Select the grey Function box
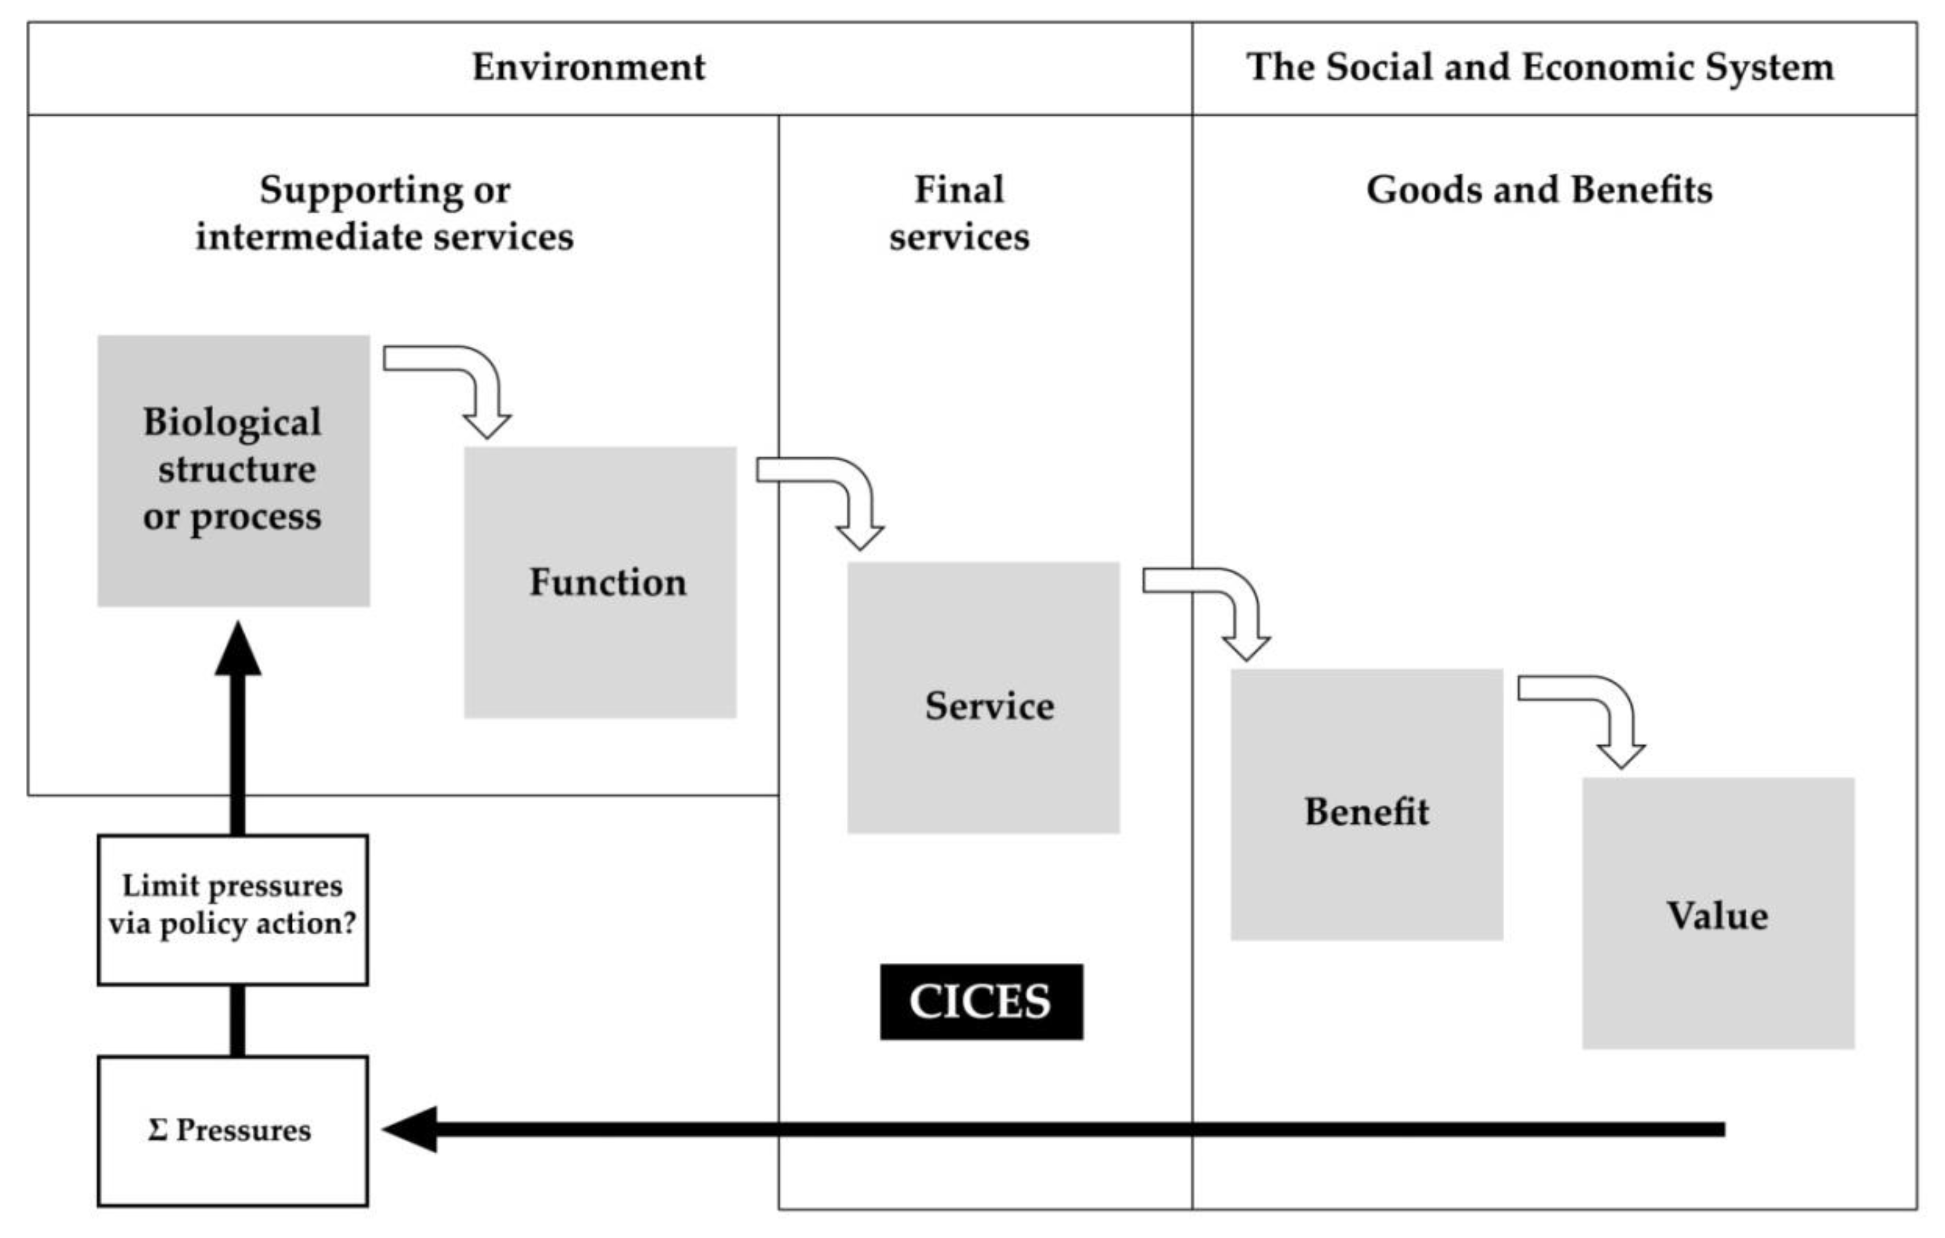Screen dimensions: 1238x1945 click(600, 582)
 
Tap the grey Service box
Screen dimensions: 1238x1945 click(983, 698)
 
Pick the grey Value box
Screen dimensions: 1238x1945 click(1718, 914)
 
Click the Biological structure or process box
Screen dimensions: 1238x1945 click(233, 471)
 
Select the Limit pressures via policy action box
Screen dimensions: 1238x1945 click(233, 910)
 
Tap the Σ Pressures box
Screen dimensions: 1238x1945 click(233, 1131)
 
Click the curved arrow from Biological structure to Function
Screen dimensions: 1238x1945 click(468, 379)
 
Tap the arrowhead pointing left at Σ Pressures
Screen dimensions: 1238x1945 click(410, 1129)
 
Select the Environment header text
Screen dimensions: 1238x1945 click(588, 67)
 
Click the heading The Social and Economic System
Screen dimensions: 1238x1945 click(1540, 67)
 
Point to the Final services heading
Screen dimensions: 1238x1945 click(959, 213)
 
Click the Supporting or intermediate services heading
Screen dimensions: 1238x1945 click(385, 213)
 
